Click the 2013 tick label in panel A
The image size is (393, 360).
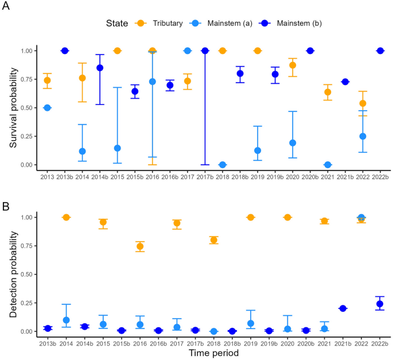[48, 176]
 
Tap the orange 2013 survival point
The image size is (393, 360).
[48, 80]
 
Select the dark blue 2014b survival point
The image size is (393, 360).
[100, 68]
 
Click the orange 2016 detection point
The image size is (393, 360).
[139, 246]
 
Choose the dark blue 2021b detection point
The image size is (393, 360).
[343, 308]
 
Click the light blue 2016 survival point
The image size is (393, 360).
[152, 82]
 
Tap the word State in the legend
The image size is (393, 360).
[117, 23]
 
